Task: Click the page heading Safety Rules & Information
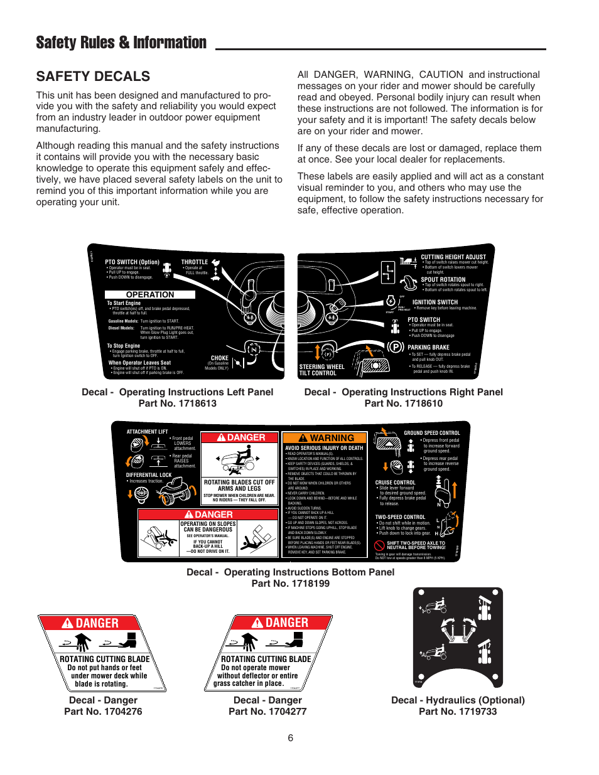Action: tap(121, 43)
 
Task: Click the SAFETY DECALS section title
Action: tap(93, 77)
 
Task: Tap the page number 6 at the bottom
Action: tap(290, 738)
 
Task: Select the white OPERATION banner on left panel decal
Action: tap(150, 294)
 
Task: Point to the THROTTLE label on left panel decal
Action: tap(195, 262)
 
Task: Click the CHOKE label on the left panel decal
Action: tap(220, 358)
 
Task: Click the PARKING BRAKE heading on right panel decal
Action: tap(428, 347)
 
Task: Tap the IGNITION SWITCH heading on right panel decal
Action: tap(434, 302)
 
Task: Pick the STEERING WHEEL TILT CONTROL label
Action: tap(321, 370)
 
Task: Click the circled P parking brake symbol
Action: tap(396, 347)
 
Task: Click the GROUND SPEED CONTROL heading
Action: tap(431, 433)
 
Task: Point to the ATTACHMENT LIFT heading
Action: tap(147, 432)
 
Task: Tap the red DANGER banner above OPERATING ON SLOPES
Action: tap(208, 515)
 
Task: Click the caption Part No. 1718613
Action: tap(177, 404)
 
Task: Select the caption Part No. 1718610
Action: tap(403, 404)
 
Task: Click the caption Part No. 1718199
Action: tap(290, 584)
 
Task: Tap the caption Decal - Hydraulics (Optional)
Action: tap(458, 700)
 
